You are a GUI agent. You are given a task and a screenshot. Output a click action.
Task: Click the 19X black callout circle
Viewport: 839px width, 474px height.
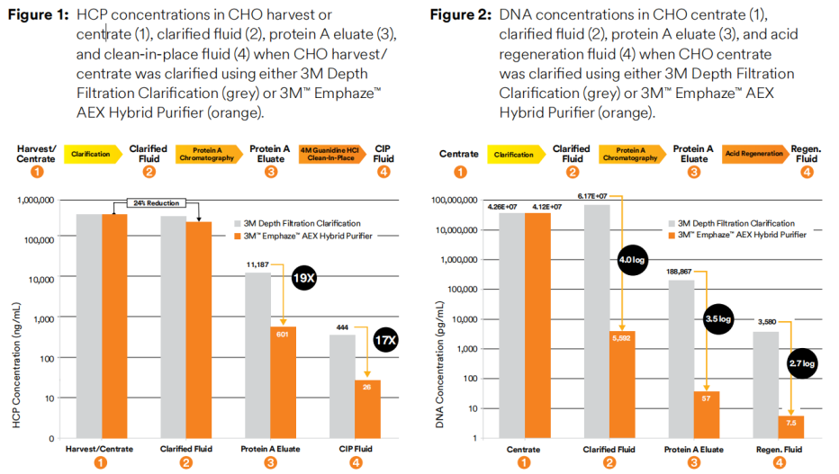click(304, 279)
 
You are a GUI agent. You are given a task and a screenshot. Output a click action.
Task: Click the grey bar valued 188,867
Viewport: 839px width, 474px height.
click(680, 360)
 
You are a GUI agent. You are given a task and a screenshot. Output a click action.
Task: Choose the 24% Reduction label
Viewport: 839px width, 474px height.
click(154, 203)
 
